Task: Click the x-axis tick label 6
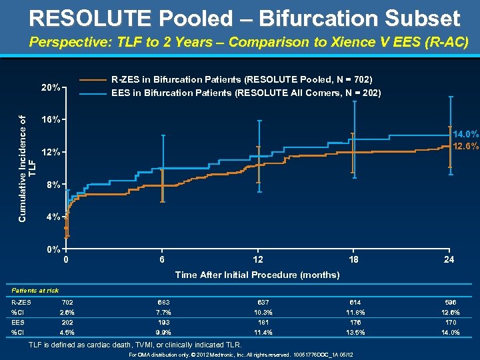(x=162, y=260)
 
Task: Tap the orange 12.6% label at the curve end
(x=465, y=147)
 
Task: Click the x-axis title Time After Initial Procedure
(x=257, y=275)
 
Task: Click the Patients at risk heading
(x=35, y=290)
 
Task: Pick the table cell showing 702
(x=67, y=302)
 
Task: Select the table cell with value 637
(x=259, y=302)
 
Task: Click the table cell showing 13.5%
(x=355, y=332)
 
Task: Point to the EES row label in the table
(x=18, y=322)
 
